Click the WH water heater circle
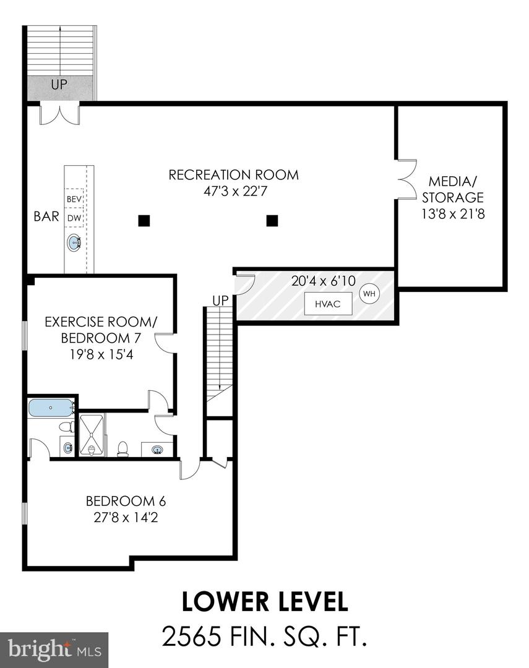pos(369,294)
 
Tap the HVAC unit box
pos(328,304)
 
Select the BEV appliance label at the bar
pos(74,199)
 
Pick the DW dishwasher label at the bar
pos(74,218)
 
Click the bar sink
pos(74,243)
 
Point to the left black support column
pos(144,221)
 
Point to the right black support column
pos(272,221)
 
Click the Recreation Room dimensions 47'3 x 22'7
pos(235,191)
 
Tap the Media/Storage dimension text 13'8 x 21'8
pos(453,214)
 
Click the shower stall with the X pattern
pos(91,435)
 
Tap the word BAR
pos(46,216)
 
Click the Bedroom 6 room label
pos(126,501)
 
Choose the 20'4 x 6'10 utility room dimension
pos(324,281)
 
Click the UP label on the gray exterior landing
pos(59,84)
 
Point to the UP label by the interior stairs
pos(220,301)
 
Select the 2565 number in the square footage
pos(192,636)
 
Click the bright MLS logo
pos(54,649)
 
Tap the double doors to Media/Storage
pos(406,179)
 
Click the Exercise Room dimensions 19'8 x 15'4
pos(101,354)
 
